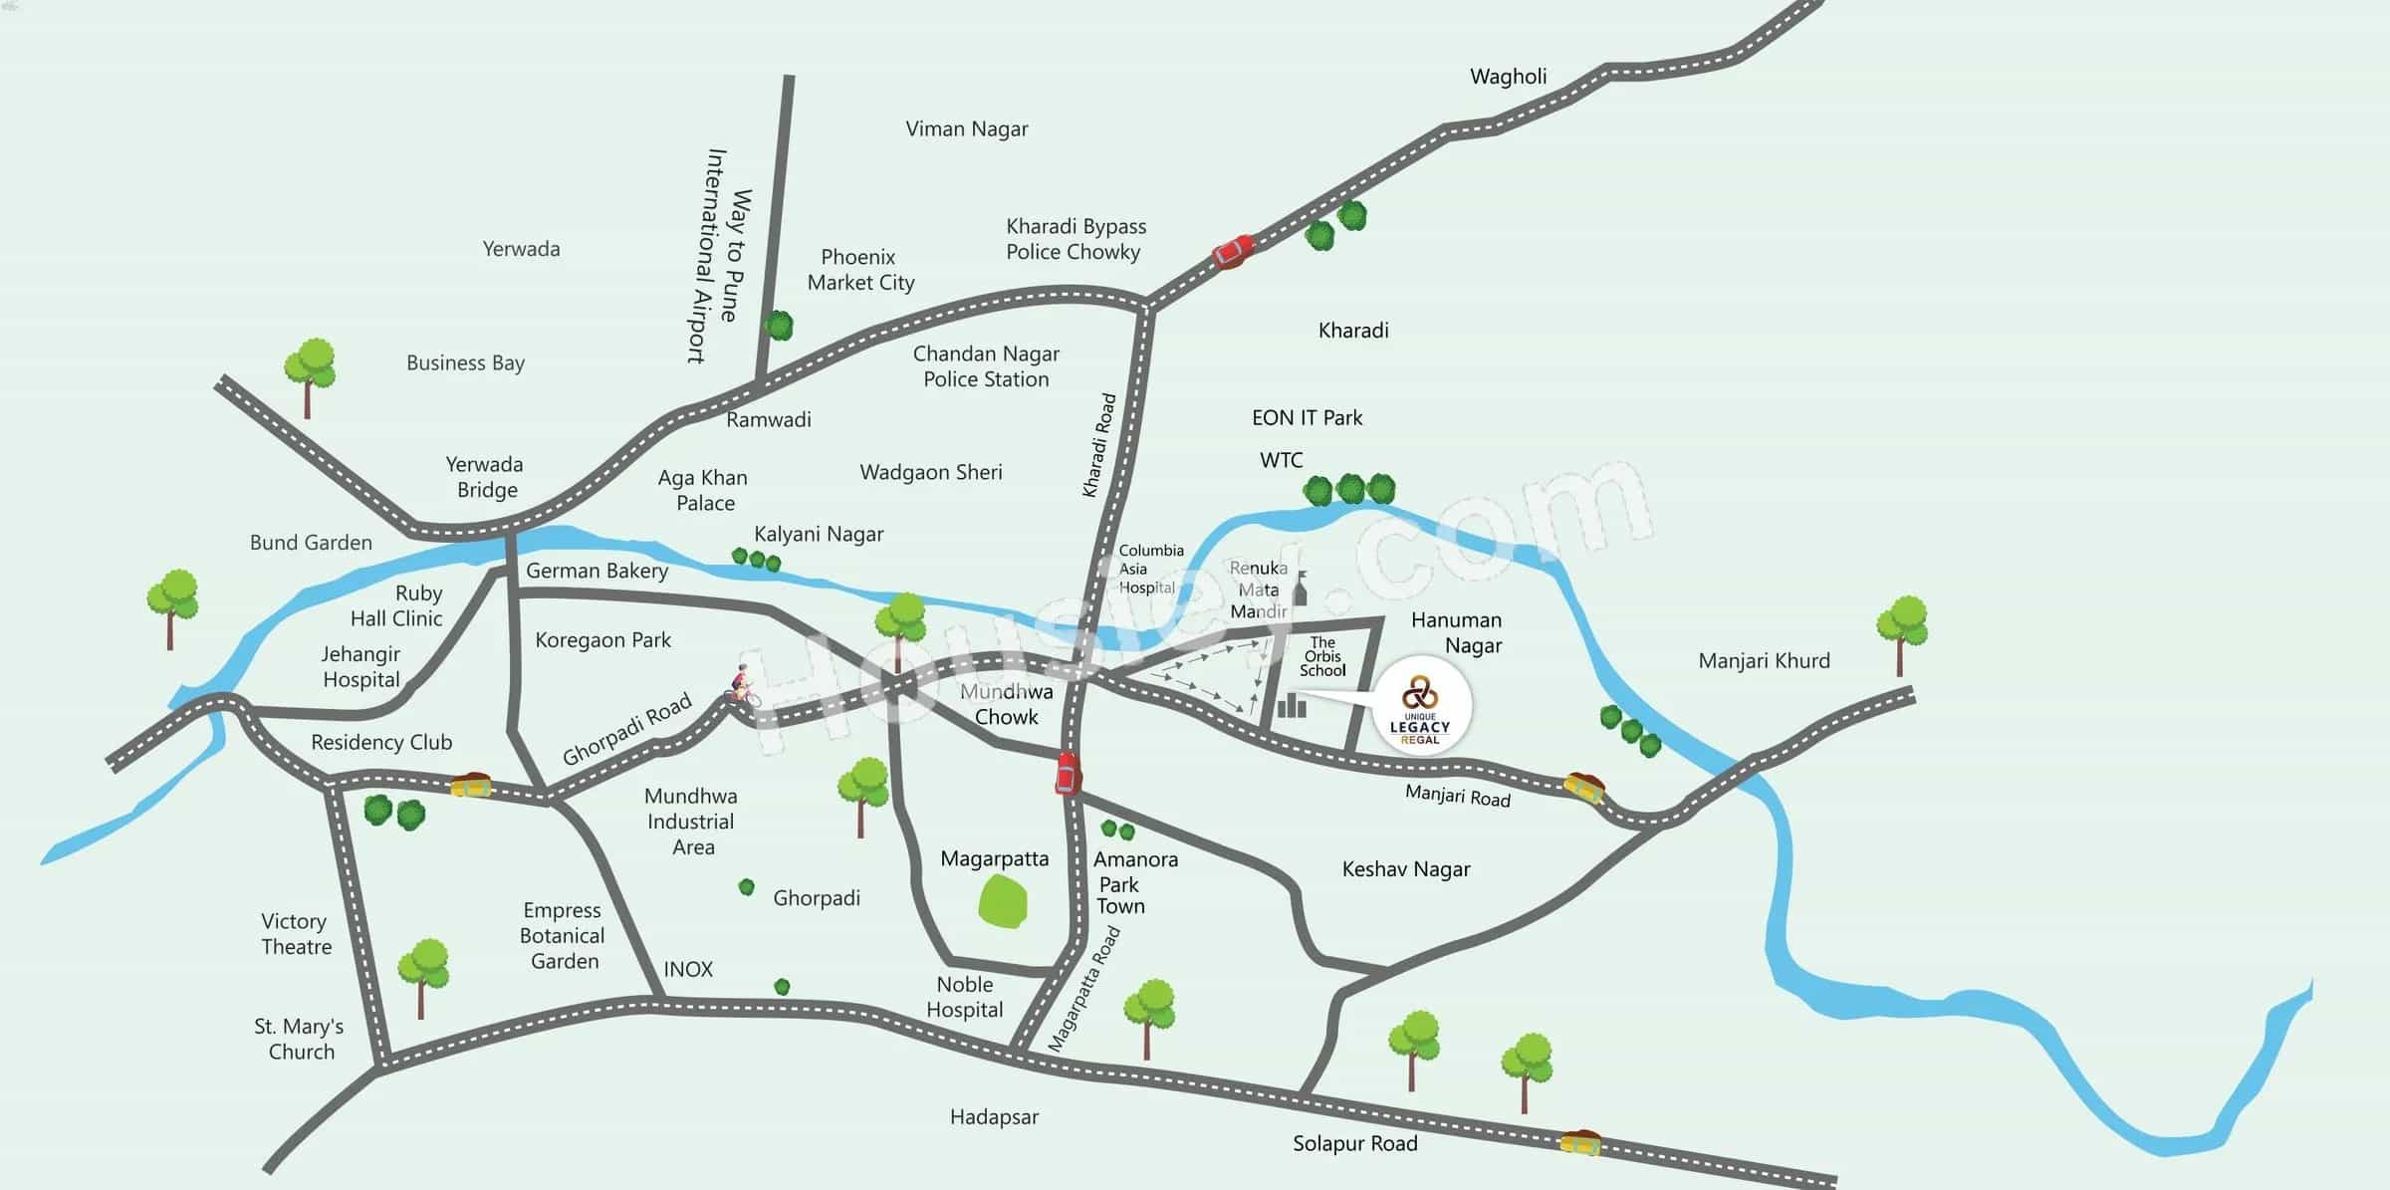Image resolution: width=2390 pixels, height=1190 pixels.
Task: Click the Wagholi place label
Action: pyautogui.click(x=1508, y=77)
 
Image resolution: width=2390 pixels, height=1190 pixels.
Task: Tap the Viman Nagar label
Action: pyautogui.click(x=966, y=128)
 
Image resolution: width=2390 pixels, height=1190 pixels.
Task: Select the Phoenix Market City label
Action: pyautogui.click(x=860, y=270)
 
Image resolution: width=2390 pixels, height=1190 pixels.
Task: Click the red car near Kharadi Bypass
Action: pyautogui.click(x=1233, y=251)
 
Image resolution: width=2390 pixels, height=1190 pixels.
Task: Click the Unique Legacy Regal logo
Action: pyautogui.click(x=1420, y=708)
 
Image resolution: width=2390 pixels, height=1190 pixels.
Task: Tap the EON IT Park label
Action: pyautogui.click(x=1307, y=418)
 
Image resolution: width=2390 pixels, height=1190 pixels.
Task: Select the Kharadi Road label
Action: pyautogui.click(x=1099, y=445)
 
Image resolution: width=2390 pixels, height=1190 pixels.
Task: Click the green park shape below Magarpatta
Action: pyautogui.click(x=1003, y=902)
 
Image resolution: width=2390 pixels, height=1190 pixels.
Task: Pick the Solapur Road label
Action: pyautogui.click(x=1354, y=1143)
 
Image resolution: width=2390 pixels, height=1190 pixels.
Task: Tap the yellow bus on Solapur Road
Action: pyautogui.click(x=1579, y=1142)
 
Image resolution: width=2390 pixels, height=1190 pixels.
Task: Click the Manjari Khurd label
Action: pyautogui.click(x=1764, y=661)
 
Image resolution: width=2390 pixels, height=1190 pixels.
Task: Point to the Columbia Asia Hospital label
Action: pyautogui.click(x=1150, y=569)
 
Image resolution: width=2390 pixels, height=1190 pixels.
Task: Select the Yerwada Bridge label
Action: pyautogui.click(x=485, y=477)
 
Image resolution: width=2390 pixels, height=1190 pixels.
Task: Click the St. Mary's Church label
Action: pyautogui.click(x=299, y=1039)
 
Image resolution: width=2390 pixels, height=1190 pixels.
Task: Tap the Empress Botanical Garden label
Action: pyautogui.click(x=563, y=936)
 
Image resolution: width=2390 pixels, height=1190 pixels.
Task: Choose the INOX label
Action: pyautogui.click(x=688, y=969)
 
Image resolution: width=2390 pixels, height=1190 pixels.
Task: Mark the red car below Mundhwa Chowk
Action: pyautogui.click(x=1067, y=773)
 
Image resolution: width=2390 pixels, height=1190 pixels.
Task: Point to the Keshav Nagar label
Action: pyautogui.click(x=1405, y=869)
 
